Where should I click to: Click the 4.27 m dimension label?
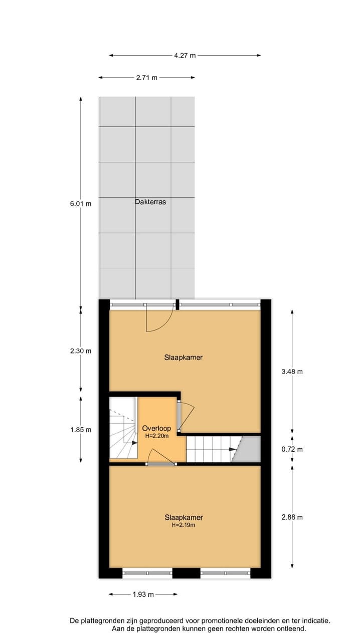point(185,56)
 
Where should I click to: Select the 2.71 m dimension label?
point(146,78)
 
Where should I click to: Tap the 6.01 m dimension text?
point(81,204)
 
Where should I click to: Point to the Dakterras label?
point(150,202)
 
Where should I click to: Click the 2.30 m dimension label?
point(81,351)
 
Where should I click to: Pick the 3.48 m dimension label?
point(292,372)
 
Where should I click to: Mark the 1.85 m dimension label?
point(81,430)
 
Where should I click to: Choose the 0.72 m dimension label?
point(292,449)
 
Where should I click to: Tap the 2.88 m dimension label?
point(292,517)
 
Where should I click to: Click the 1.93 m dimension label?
point(143,594)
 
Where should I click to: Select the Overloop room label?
point(156,429)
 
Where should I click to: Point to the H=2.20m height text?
point(157,436)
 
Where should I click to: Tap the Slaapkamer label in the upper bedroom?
point(184,358)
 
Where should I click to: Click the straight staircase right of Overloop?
point(210,449)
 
